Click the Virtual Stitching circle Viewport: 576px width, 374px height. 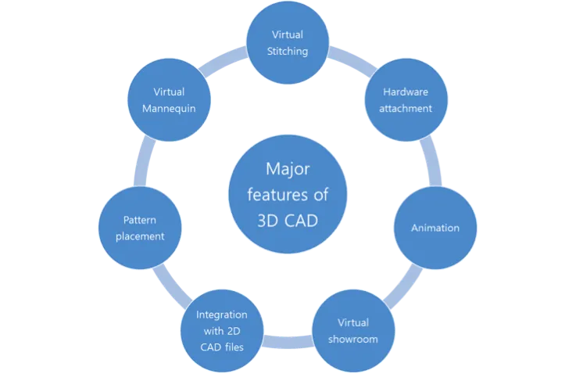tap(288, 43)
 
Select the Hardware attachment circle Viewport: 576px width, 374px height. tap(406, 99)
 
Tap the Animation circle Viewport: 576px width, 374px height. tap(435, 228)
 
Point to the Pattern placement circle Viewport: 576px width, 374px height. tap(143, 228)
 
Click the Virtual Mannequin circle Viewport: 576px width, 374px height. tap(169, 99)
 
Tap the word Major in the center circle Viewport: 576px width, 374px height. tap(288, 169)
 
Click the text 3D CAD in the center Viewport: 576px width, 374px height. tap(288, 220)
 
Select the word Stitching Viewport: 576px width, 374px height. tap(288, 52)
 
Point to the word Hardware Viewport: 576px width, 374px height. tap(406, 92)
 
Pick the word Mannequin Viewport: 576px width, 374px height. tap(169, 108)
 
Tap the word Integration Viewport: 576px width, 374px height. tap(222, 315)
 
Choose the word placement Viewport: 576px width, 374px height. tap(143, 236)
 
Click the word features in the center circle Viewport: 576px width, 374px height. tap(288, 194)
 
